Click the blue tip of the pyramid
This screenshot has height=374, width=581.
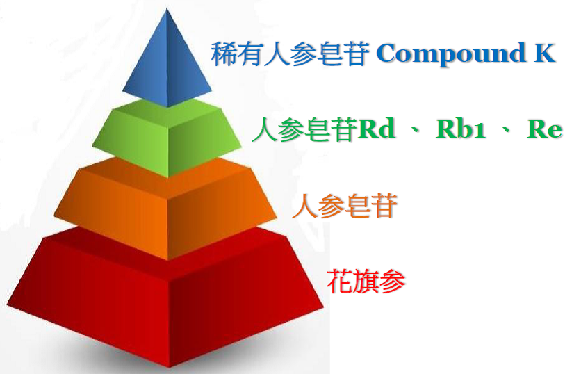tap(167, 59)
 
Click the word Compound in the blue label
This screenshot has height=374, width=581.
tap(452, 54)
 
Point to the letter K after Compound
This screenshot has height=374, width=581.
tap(544, 53)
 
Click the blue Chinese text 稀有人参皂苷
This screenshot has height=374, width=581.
tap(290, 54)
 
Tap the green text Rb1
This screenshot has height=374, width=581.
tap(461, 129)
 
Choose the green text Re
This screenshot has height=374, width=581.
tap(544, 129)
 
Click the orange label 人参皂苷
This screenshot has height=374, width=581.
tap(345, 205)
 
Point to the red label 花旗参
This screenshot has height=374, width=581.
tap(366, 282)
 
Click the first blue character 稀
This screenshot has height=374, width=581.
tap(224, 54)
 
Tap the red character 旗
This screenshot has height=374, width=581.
tap(366, 282)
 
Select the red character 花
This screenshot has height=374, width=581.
tap(340, 282)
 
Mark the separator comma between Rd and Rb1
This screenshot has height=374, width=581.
tap(416, 131)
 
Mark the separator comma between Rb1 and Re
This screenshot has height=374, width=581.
tap(505, 131)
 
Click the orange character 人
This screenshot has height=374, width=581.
tap(305, 206)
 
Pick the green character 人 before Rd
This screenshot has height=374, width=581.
tap(265, 129)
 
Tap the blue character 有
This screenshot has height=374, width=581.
tap(250, 54)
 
